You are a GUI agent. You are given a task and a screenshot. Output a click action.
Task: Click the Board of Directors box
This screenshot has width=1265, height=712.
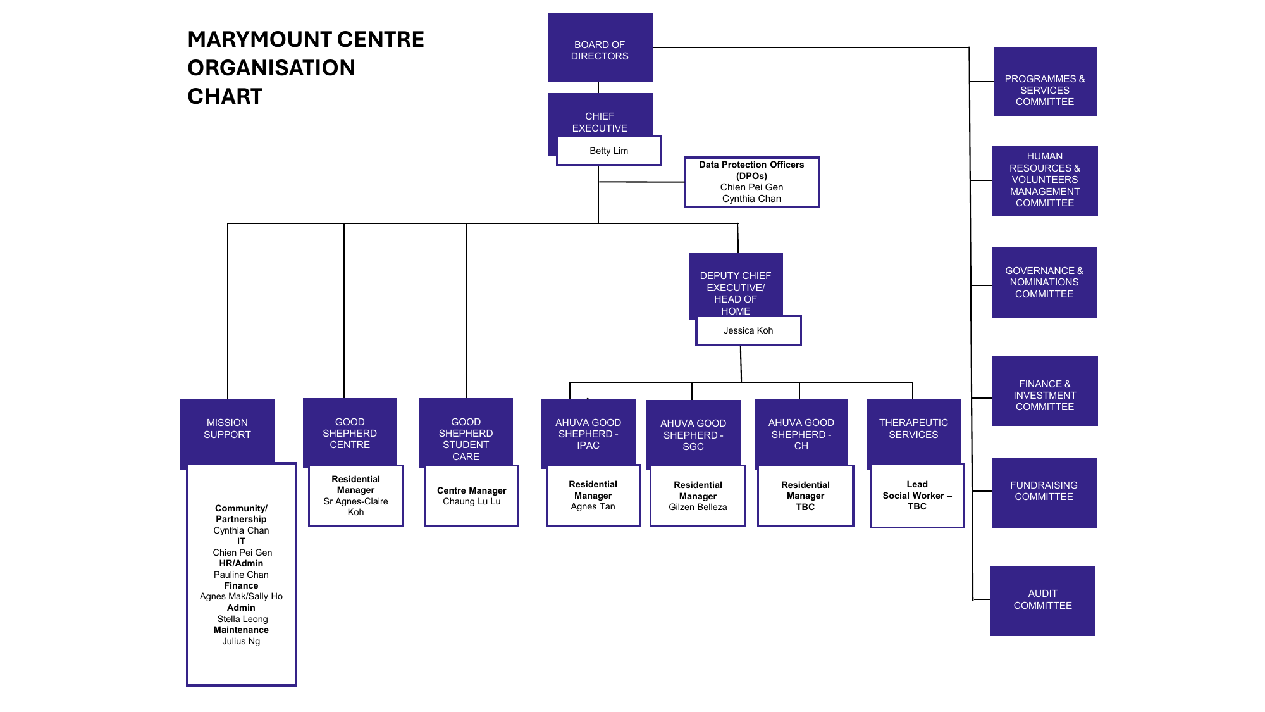600,47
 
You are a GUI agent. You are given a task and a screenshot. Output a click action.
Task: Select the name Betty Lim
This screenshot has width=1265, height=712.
608,151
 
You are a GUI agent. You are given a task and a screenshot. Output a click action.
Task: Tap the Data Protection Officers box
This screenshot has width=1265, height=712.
751,182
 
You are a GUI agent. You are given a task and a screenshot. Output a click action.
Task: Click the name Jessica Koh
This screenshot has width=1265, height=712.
748,330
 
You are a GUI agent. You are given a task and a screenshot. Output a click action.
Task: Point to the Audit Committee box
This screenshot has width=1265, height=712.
1042,601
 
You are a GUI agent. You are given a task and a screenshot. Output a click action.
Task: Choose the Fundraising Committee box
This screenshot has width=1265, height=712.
1044,492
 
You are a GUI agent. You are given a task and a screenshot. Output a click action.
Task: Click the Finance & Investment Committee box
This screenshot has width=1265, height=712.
1045,391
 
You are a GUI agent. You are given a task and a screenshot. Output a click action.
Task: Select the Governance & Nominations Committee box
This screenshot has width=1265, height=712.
1044,282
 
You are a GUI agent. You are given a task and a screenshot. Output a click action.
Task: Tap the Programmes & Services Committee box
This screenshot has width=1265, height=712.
1045,82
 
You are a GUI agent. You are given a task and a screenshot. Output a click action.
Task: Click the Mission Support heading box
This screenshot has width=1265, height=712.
227,430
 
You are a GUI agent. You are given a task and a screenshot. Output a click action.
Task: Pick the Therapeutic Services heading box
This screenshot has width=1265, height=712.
913,430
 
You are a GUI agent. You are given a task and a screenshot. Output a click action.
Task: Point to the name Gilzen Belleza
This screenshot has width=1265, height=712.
698,507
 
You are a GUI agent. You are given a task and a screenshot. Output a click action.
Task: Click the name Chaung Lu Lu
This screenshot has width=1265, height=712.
471,501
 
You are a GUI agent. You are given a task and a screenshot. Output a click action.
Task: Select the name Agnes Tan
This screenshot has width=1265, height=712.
593,506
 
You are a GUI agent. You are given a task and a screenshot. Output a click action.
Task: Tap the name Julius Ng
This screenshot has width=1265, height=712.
241,641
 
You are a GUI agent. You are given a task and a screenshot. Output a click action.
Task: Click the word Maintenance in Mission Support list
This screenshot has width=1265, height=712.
241,630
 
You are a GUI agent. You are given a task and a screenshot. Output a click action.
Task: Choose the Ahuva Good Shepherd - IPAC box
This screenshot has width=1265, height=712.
588,432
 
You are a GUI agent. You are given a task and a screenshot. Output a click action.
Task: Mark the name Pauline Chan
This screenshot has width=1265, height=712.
241,575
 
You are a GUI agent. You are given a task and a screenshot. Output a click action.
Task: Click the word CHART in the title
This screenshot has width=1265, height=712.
225,96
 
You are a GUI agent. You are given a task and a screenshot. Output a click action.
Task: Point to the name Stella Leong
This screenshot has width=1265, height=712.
242,619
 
